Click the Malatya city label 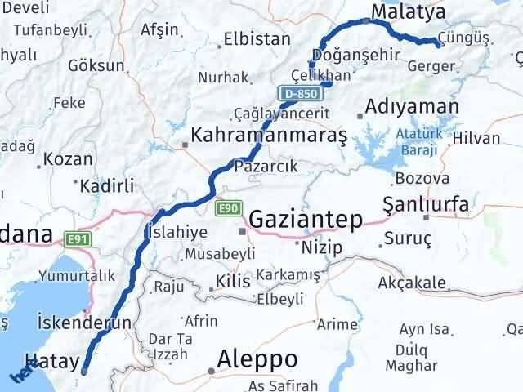[408, 11]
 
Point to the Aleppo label [257, 359]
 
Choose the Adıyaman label [413, 105]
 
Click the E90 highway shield [228, 209]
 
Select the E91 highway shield [78, 238]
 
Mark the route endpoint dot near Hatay [84, 371]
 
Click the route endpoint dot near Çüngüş [439, 45]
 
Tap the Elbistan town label [257, 38]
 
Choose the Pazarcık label [261, 166]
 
